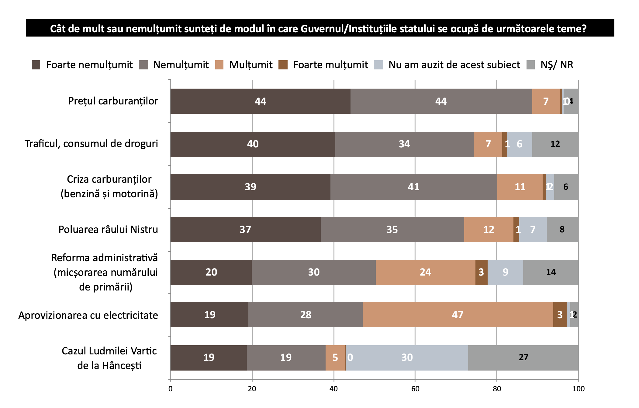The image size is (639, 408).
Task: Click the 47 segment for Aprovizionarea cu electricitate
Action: tap(458, 315)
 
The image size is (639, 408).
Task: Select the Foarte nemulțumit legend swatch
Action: tap(36, 65)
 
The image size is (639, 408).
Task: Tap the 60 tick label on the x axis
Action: tap(415, 389)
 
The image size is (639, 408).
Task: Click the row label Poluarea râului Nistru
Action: tap(108, 229)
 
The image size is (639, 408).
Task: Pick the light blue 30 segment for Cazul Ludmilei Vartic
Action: tap(407, 357)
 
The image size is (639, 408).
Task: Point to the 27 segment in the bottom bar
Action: tap(523, 357)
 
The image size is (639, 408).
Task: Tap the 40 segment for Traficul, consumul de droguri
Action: tap(253, 144)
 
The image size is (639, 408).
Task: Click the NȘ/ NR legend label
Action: tap(557, 65)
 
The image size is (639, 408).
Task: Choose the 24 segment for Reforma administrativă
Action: tap(425, 272)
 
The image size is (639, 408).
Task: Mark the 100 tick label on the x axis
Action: tap(578, 389)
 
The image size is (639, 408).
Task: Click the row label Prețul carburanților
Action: tap(113, 101)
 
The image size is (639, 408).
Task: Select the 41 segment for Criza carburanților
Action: tap(413, 187)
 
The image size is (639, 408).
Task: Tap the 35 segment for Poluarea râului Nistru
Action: tap(392, 229)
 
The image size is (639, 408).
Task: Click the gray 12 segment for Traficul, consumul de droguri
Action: tap(555, 144)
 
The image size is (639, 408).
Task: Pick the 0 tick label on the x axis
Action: tap(170, 389)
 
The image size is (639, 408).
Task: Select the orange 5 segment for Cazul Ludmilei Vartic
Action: tap(335, 357)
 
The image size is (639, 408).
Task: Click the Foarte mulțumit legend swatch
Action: tap(283, 65)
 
